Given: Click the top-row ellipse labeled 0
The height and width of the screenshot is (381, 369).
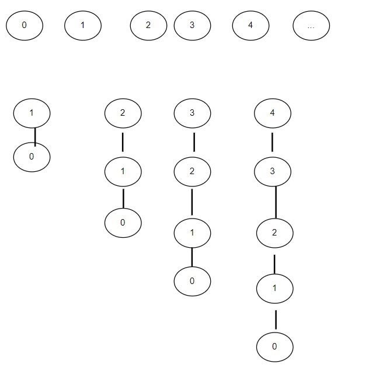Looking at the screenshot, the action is [x=25, y=26].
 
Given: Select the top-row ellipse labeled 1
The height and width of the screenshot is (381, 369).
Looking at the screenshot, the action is [x=83, y=26].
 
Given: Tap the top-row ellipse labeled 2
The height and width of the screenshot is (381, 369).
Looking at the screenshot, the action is [x=148, y=26].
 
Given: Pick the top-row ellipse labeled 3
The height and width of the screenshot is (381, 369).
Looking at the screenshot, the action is [x=192, y=26].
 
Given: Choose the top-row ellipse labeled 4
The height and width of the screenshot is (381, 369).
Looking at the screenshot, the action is [x=251, y=26].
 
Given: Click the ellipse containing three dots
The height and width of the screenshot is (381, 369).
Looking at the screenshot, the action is [x=311, y=26].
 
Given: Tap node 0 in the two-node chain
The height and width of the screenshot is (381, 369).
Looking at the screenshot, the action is [x=32, y=157].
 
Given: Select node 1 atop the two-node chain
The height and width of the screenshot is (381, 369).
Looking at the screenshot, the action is [x=32, y=113].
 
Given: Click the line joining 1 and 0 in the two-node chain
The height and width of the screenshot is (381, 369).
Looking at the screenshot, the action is [x=35, y=137].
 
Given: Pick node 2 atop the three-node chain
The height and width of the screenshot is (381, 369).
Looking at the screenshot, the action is [x=123, y=113].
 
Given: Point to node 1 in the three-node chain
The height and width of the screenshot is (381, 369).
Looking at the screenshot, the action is [x=123, y=172].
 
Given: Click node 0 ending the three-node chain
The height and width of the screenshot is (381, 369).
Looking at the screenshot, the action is [x=123, y=223].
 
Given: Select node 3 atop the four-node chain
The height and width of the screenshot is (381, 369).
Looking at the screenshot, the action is [x=192, y=113].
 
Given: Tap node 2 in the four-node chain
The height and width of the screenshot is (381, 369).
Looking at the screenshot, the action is [x=192, y=172].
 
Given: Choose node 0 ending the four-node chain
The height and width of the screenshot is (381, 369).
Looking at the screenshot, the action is [x=192, y=281].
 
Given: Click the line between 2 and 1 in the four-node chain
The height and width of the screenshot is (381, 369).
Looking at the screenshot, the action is [x=192, y=202].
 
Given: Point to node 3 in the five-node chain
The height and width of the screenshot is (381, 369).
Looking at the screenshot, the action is [x=273, y=172].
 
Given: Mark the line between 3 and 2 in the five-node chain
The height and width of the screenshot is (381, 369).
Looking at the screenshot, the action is [x=276, y=202].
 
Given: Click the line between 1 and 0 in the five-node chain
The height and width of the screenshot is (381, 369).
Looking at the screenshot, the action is [x=276, y=320].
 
